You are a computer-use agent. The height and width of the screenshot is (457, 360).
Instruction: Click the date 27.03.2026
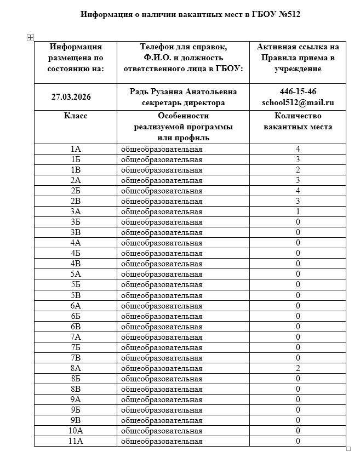pyautogui.click(x=71, y=97)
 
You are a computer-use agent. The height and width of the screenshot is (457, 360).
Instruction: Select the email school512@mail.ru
pyautogui.click(x=298, y=102)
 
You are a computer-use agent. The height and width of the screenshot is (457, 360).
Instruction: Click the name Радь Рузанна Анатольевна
pyautogui.click(x=183, y=92)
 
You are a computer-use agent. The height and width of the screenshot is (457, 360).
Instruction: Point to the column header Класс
pyautogui.click(x=76, y=116)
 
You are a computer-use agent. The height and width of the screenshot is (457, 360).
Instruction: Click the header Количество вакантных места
pyautogui.click(x=298, y=122)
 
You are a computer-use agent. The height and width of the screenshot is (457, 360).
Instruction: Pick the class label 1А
pyautogui.click(x=76, y=149)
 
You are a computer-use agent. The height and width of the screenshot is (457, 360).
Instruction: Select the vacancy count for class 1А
pyautogui.click(x=298, y=149)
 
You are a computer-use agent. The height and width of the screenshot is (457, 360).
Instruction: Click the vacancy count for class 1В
pyautogui.click(x=298, y=170)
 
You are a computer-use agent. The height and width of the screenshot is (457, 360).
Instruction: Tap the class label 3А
pyautogui.click(x=76, y=212)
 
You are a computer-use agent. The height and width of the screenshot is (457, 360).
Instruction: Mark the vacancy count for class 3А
pyautogui.click(x=298, y=212)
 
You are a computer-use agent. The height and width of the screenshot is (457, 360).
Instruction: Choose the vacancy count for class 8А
pyautogui.click(x=298, y=368)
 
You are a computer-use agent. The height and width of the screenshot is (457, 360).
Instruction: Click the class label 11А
pyautogui.click(x=76, y=441)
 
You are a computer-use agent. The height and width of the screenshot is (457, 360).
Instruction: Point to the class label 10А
pyautogui.click(x=76, y=431)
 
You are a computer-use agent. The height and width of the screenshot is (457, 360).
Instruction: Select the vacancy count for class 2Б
pyautogui.click(x=298, y=191)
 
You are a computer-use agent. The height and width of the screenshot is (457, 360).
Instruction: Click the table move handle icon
pyautogui.click(x=30, y=37)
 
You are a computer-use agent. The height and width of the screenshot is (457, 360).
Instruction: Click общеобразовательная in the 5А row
pyautogui.click(x=161, y=275)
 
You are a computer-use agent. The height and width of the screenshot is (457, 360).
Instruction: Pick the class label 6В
pyautogui.click(x=76, y=327)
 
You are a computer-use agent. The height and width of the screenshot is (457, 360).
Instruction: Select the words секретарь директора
pyautogui.click(x=183, y=102)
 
